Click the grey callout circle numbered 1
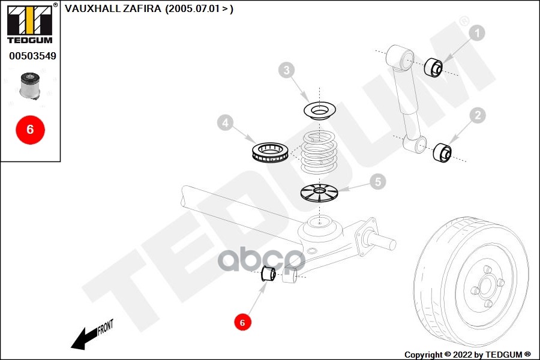477,33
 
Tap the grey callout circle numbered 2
478,115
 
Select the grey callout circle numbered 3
287,70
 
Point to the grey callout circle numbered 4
225,122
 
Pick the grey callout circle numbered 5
378,182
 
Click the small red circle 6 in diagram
242,322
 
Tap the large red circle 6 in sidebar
31,130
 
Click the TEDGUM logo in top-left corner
31,23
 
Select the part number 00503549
32,56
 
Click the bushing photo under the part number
29,86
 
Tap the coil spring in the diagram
319,152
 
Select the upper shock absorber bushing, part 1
434,67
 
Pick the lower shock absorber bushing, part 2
442,152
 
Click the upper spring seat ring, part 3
320,110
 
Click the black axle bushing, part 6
268,274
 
